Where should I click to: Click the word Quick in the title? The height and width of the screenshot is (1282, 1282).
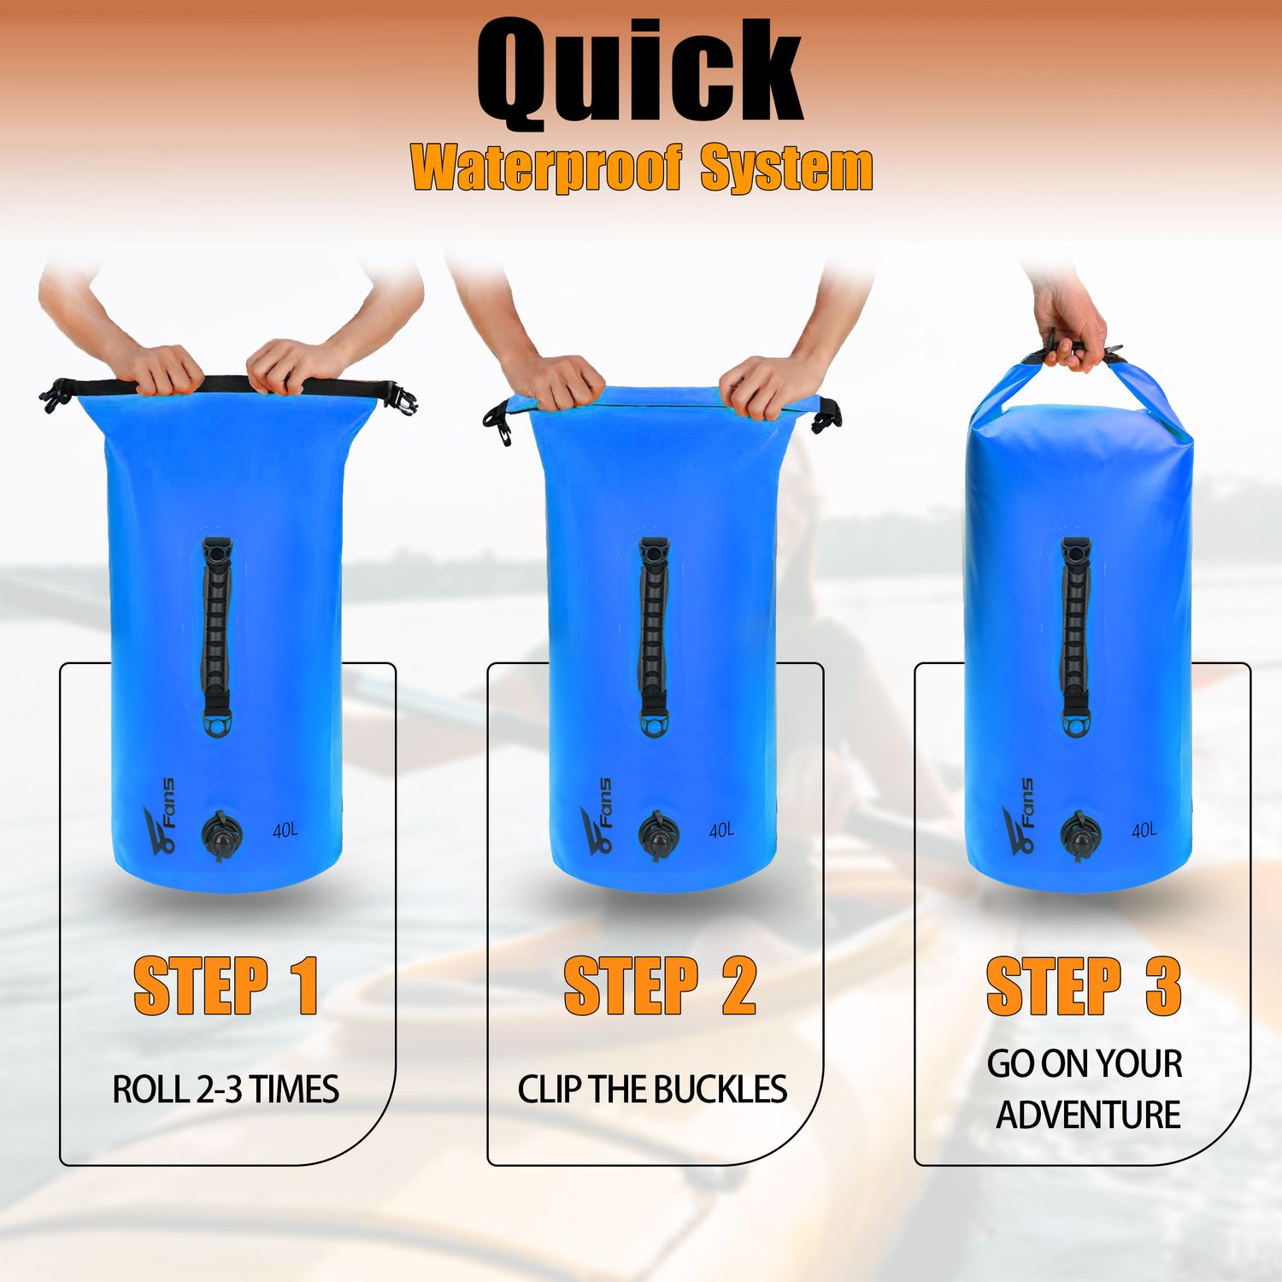(639, 73)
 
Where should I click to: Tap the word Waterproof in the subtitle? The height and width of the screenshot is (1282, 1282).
(547, 168)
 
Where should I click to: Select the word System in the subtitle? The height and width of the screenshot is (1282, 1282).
(786, 169)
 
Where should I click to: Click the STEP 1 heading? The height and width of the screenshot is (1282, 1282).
(226, 986)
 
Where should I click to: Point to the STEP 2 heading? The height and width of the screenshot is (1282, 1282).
(660, 986)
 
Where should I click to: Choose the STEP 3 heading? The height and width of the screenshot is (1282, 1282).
(1084, 986)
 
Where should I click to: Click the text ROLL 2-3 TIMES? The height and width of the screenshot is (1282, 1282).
(226, 1090)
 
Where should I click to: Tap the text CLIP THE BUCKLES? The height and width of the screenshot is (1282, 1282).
(652, 1090)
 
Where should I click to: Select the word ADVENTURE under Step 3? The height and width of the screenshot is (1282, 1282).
(1088, 1115)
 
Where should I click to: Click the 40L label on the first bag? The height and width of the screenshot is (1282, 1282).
(285, 830)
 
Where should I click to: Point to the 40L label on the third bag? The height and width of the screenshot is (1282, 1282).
(1144, 830)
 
